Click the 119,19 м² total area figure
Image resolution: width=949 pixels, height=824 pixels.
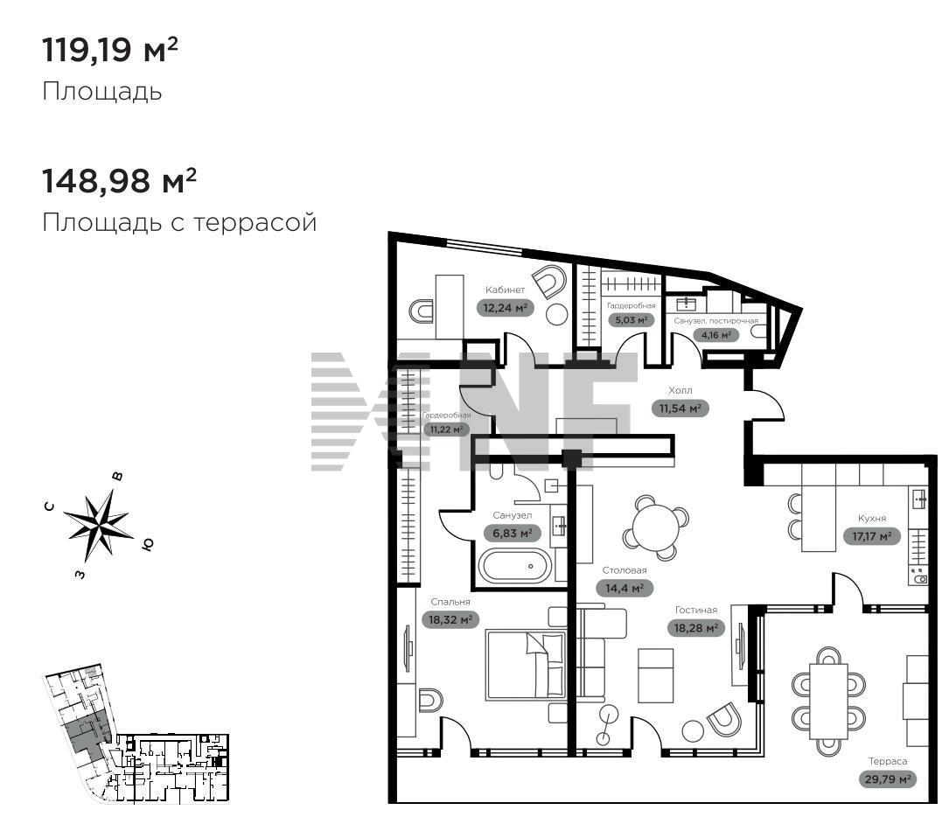pos(110,49)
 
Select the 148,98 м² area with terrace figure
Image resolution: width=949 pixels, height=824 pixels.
pos(119,180)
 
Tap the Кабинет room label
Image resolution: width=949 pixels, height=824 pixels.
pos(505,290)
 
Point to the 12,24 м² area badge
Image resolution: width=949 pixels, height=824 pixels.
pos(506,308)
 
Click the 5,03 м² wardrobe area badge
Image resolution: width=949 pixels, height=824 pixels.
pos(632,319)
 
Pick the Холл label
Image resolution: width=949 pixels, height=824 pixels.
pos(680,390)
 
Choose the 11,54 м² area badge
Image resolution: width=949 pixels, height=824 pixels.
pos(680,409)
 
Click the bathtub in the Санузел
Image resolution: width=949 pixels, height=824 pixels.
pos(515,566)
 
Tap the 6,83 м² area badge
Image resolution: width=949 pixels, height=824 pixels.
pos(512,533)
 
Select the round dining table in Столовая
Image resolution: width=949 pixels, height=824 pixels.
pos(655,527)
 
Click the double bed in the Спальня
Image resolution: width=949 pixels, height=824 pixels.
pos(526,665)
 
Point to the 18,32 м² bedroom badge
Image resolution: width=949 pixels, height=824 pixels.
pos(450,619)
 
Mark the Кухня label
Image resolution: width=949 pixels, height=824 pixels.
pos(872,518)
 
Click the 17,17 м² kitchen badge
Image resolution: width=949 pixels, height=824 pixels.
pos(871,536)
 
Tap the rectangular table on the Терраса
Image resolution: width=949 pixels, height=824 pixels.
pos(828,701)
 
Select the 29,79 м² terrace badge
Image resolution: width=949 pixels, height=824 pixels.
pos(887,779)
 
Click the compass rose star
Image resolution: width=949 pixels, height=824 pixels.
pos(99,524)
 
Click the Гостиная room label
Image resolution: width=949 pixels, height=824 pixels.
pos(696,611)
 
